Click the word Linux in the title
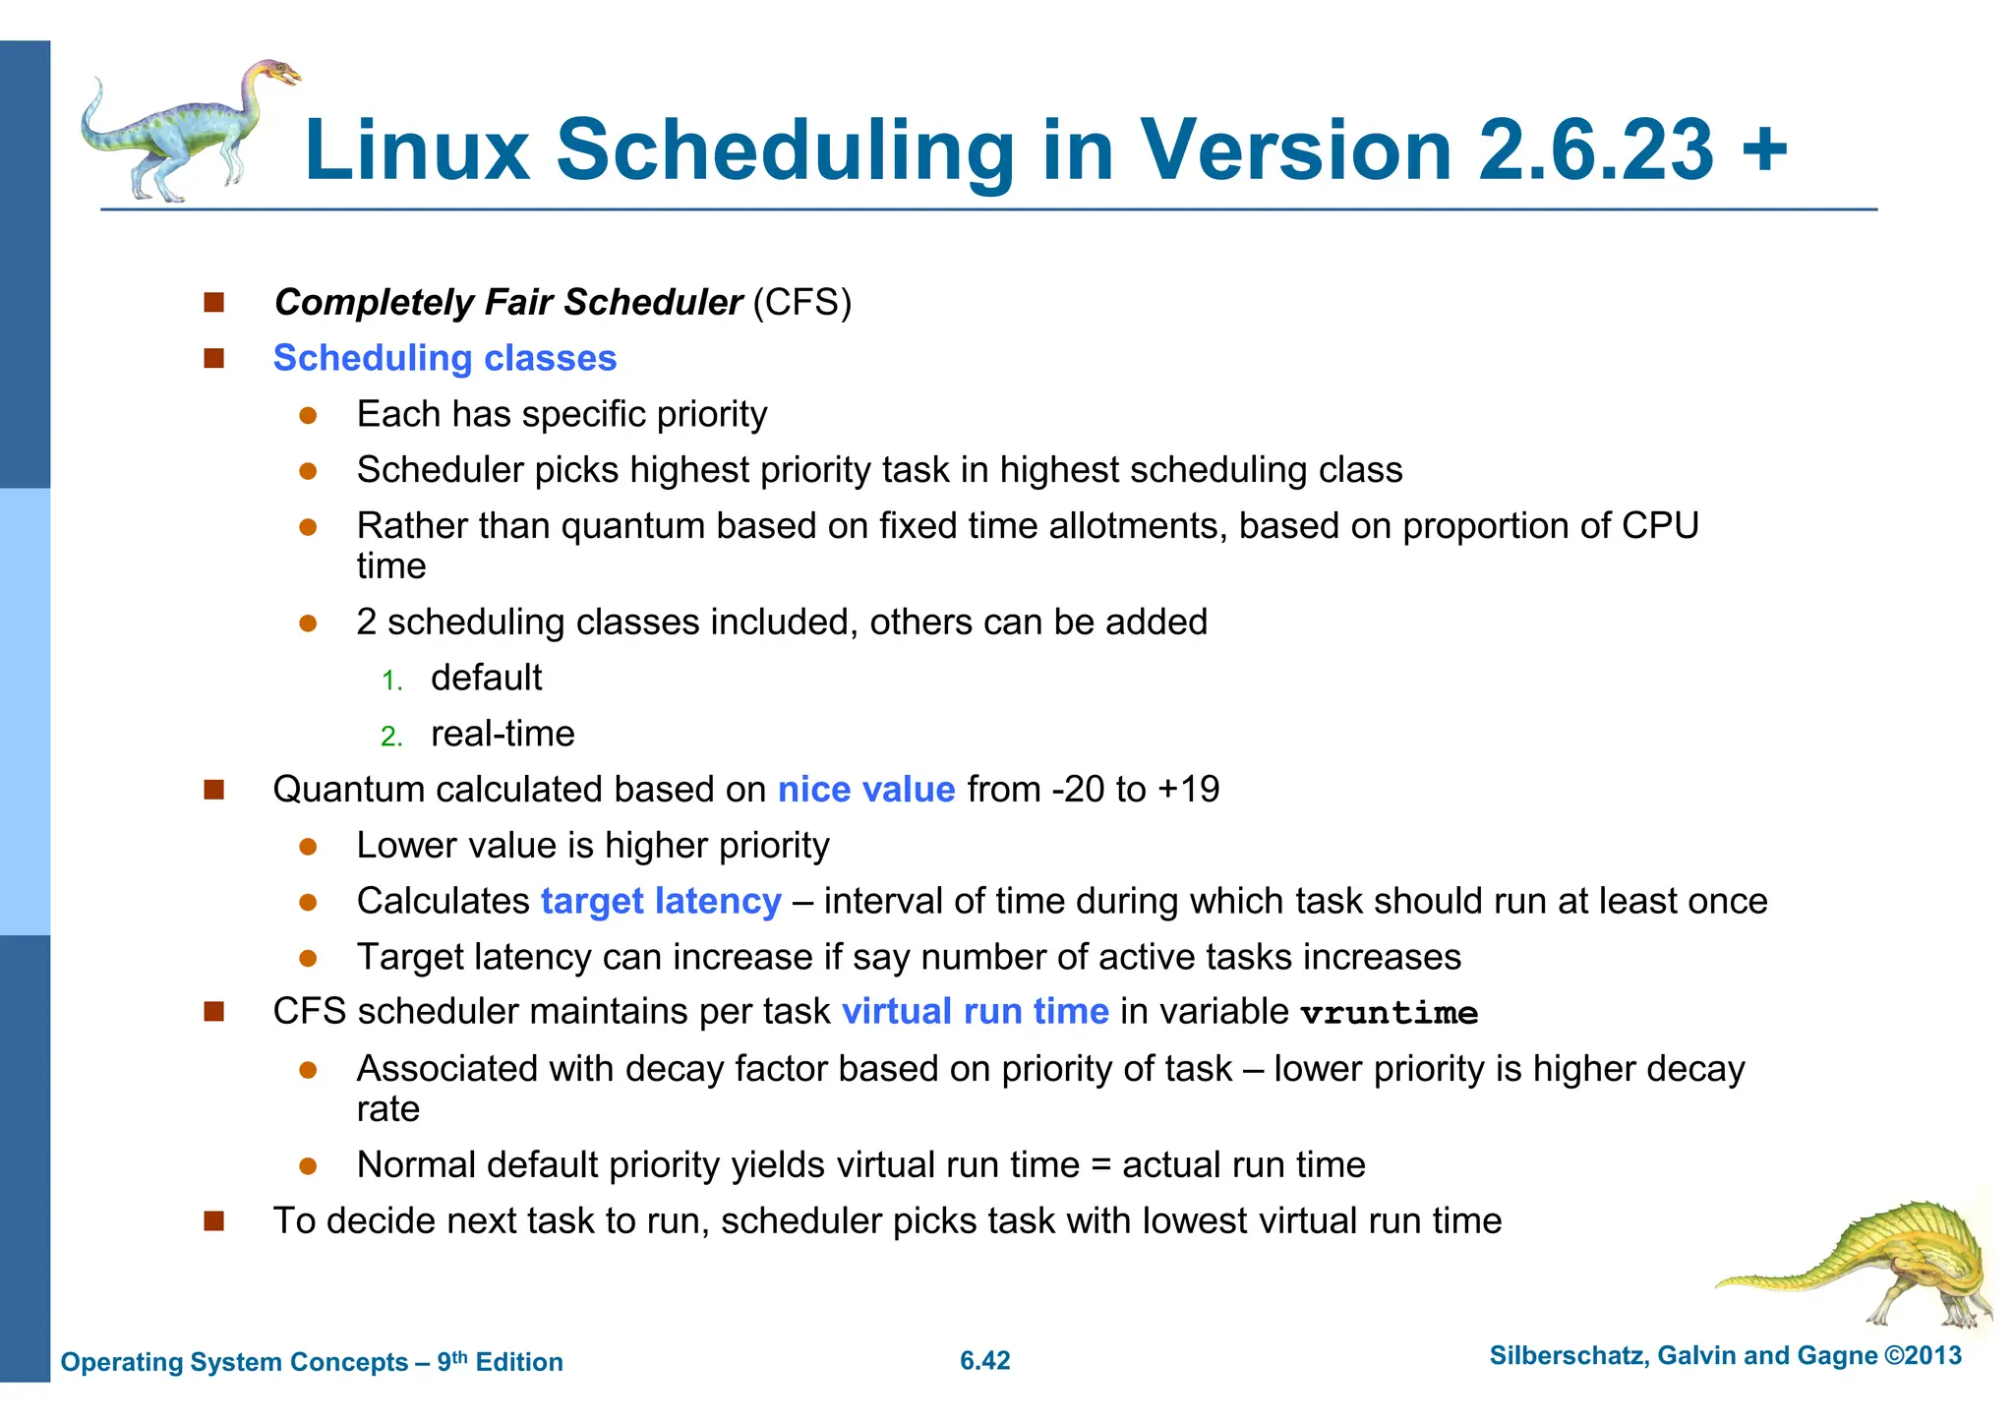(x=417, y=150)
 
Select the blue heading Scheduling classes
(x=444, y=358)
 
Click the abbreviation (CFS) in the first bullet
(x=801, y=302)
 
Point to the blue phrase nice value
(x=865, y=790)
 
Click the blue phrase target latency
(x=661, y=902)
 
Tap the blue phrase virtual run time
(x=975, y=1012)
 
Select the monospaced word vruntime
(x=1389, y=1014)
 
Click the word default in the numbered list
(x=486, y=678)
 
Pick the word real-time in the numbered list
(x=503, y=734)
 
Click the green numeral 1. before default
(x=392, y=681)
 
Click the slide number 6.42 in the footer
(x=984, y=1361)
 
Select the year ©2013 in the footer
(x=1923, y=1356)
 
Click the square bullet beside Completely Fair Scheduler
(x=214, y=302)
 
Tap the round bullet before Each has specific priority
(x=308, y=416)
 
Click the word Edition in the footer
(x=519, y=1362)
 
